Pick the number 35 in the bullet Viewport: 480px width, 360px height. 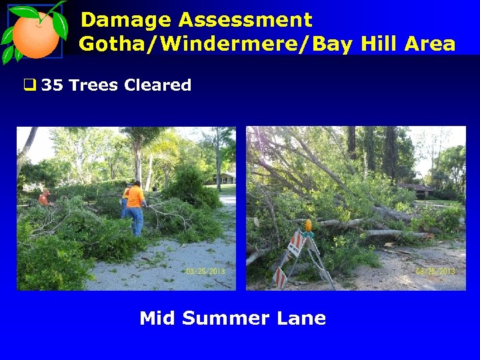tap(52, 85)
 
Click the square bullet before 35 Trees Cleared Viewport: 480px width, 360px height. tap(29, 85)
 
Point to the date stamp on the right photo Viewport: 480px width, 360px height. tap(435, 271)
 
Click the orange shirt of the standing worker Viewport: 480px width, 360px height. tap(136, 196)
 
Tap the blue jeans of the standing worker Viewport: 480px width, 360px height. tap(136, 220)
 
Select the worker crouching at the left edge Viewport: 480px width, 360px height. tap(45, 197)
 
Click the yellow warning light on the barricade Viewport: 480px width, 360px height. tap(308, 226)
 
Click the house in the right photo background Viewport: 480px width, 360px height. tap(417, 191)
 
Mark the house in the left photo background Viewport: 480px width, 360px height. tap(221, 178)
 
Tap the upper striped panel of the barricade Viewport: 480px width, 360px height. tap(295, 244)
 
